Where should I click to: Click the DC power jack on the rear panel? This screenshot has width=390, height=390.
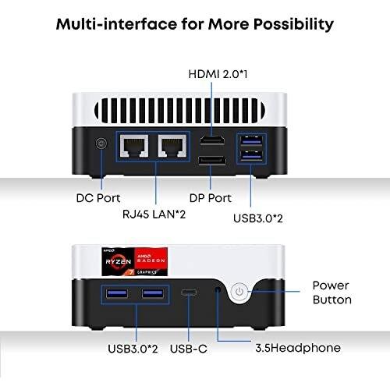pos(101,144)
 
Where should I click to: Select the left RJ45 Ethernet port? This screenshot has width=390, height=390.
pos(134,146)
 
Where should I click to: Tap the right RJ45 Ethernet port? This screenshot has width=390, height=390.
pos(172,146)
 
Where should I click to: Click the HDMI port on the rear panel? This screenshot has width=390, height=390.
pos(212,140)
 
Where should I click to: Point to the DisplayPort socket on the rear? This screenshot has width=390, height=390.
pos(212,161)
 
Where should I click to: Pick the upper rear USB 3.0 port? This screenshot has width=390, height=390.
pos(251,141)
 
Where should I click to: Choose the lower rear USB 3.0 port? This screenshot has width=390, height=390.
pos(251,156)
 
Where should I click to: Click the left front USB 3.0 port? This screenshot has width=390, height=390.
pos(117,293)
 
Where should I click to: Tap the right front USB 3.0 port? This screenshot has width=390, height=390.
pos(153,293)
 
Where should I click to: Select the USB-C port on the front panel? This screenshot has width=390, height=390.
pos(189,292)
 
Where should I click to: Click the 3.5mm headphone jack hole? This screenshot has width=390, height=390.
pos(218,289)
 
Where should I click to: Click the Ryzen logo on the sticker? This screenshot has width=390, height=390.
pos(119,261)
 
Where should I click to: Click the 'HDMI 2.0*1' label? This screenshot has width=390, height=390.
pos(218,74)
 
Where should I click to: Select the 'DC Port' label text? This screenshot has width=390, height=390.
pos(98,198)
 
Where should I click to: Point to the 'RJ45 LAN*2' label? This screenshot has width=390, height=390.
pos(154,214)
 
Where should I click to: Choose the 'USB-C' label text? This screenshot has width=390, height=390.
pos(189,349)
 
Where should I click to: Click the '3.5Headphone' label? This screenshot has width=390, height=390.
pos(298,348)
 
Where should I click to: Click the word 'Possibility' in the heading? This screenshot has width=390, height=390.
pos(293,25)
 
